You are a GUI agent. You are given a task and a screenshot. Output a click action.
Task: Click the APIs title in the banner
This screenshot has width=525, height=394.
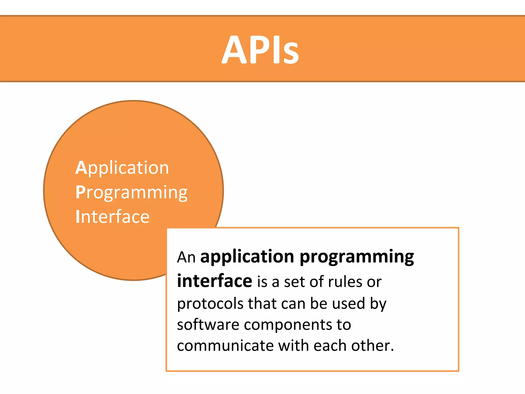coord(260,49)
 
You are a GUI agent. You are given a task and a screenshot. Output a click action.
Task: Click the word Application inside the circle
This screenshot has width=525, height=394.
coord(122,168)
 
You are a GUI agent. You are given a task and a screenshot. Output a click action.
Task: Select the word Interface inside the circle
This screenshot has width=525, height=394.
coord(112,217)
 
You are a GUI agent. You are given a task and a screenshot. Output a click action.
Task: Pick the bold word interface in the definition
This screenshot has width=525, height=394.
coord(215,281)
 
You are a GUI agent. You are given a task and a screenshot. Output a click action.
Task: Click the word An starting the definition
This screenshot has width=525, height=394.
coord(186,257)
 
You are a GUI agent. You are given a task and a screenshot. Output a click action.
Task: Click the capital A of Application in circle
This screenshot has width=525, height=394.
coord(81,168)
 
